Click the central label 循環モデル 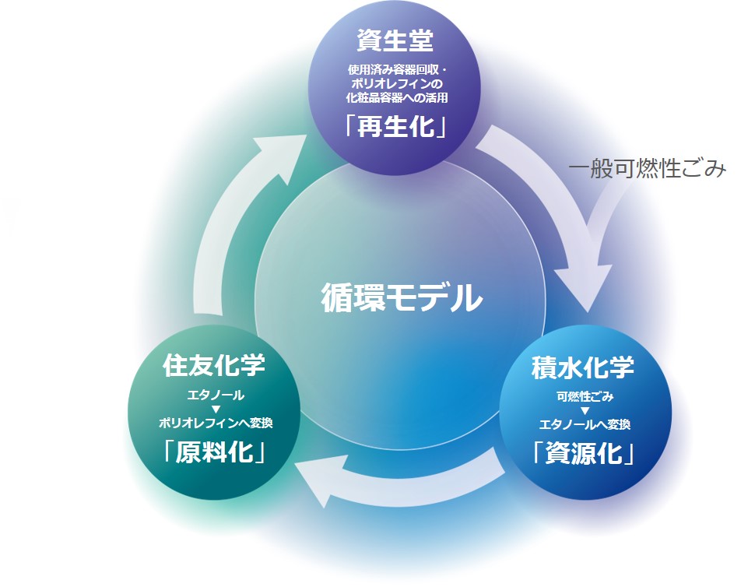click(402, 297)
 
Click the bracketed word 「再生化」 click(395, 127)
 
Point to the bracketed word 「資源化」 click(583, 453)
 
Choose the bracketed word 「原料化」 click(215, 452)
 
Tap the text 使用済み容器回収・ click(396, 71)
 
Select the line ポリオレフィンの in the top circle click(396, 84)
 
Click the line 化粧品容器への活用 click(396, 98)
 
